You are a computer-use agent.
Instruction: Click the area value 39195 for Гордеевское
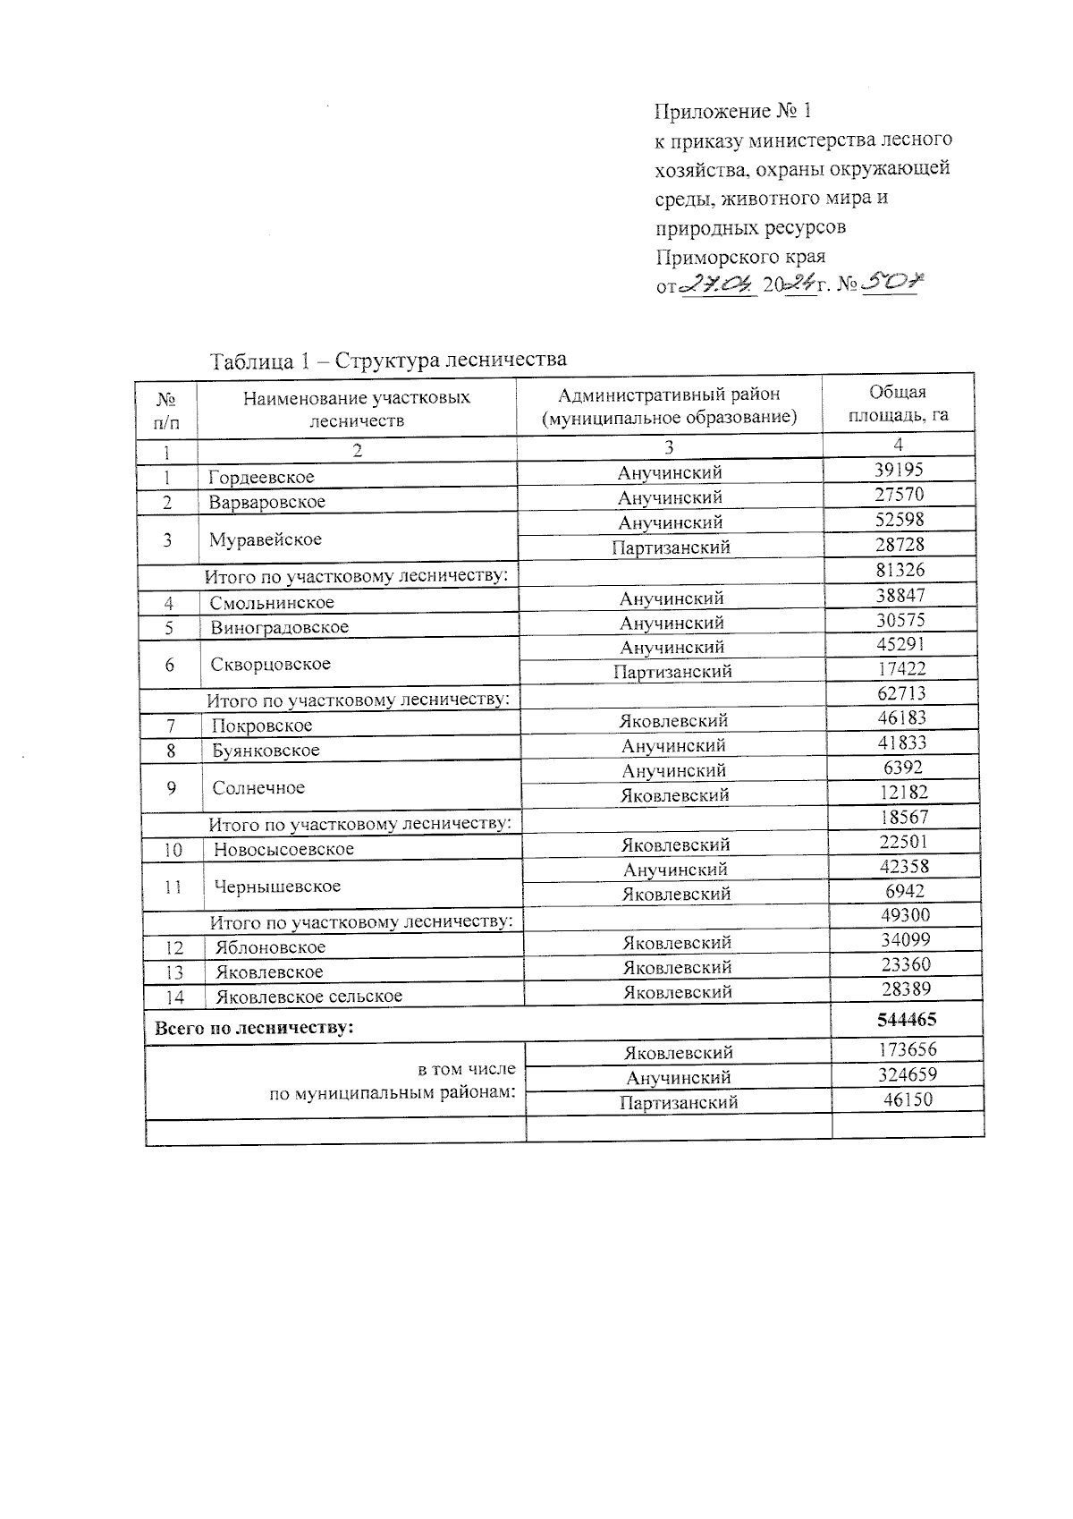coord(899,471)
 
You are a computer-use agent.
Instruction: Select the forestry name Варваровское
coord(267,502)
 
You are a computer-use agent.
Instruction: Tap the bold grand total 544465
coord(907,1019)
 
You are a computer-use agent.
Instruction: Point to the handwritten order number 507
coord(892,284)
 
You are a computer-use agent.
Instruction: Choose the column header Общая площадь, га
coord(898,403)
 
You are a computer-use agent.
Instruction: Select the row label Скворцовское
coord(271,664)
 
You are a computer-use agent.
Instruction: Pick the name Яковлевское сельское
coord(308,996)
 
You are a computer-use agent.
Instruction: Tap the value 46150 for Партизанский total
coord(908,1099)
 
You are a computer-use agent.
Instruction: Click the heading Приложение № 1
coord(733,112)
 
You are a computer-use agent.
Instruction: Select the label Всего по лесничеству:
coord(255,1028)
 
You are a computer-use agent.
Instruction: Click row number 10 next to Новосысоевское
coord(173,850)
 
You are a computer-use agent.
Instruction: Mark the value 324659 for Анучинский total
coord(908,1074)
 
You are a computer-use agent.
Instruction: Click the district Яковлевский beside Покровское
coord(674,720)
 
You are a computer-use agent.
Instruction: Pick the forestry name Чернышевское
coord(277,887)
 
